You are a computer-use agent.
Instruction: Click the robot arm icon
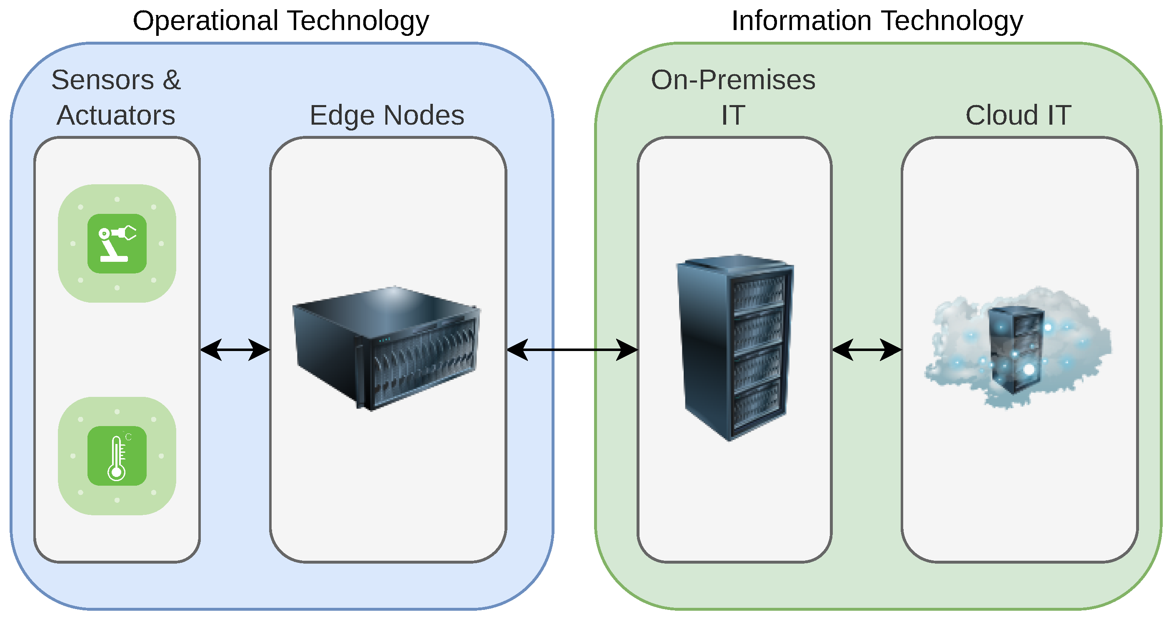[x=117, y=244]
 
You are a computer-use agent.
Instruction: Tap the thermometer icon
[x=117, y=456]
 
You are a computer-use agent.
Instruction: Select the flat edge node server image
[x=387, y=348]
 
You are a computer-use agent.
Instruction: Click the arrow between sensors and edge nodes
[x=235, y=350]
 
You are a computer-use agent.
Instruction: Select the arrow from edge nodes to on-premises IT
[x=572, y=350]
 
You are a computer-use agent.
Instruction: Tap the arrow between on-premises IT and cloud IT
[x=866, y=350]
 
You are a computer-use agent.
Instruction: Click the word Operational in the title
[x=205, y=21]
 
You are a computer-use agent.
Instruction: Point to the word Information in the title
[x=801, y=21]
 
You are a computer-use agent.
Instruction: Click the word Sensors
[x=102, y=80]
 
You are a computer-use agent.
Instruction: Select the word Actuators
[x=116, y=115]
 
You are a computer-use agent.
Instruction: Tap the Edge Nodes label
[x=387, y=115]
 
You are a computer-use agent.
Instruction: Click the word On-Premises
[x=733, y=80]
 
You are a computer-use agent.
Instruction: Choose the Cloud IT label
[x=1018, y=115]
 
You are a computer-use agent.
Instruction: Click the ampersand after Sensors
[x=172, y=80]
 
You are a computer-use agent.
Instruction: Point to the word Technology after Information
[x=952, y=21]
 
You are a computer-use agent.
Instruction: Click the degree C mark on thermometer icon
[x=128, y=437]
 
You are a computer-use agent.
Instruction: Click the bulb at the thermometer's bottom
[x=117, y=473]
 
